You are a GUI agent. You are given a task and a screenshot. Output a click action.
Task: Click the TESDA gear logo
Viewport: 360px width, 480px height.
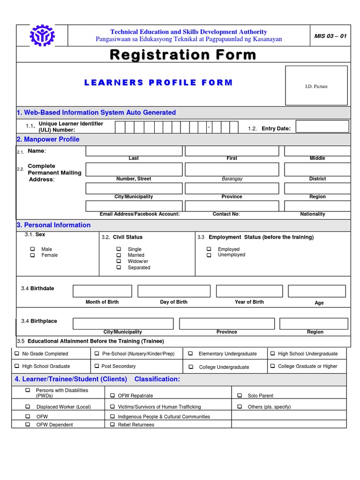[42, 35]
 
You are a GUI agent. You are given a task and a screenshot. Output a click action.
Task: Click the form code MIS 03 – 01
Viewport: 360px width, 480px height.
[330, 36]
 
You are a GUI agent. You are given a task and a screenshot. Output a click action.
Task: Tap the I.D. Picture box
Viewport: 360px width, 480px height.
[316, 85]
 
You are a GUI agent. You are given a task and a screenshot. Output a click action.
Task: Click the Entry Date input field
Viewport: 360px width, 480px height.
[322, 127]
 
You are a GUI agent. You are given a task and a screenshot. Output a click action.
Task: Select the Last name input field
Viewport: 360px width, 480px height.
[134, 151]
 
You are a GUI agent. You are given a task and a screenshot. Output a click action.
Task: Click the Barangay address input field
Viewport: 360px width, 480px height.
[232, 169]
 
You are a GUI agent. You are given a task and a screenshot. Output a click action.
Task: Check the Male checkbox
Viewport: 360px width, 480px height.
[33, 249]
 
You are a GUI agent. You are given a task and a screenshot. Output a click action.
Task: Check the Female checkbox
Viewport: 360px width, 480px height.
[33, 255]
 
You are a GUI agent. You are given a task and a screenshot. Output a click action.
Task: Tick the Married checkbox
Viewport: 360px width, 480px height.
[119, 255]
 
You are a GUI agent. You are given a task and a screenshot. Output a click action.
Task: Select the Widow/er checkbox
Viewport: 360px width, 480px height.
[119, 261]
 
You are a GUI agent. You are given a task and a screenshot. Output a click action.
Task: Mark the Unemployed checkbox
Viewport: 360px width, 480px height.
[209, 255]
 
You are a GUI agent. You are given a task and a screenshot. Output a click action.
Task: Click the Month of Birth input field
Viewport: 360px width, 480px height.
[102, 291]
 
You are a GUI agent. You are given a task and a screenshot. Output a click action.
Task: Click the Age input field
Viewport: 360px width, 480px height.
[316, 291]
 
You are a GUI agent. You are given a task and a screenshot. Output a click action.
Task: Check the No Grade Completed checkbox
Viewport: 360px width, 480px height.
[17, 354]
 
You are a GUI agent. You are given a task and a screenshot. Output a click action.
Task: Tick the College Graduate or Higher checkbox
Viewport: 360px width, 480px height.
[273, 366]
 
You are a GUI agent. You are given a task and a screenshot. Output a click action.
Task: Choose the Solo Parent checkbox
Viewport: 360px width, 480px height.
[239, 396]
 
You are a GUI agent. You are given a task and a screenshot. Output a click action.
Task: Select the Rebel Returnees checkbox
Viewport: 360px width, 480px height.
[112, 425]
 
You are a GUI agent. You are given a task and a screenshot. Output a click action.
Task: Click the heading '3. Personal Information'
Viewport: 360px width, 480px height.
[53, 225]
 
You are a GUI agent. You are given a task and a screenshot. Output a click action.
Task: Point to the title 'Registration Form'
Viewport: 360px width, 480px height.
[183, 55]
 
